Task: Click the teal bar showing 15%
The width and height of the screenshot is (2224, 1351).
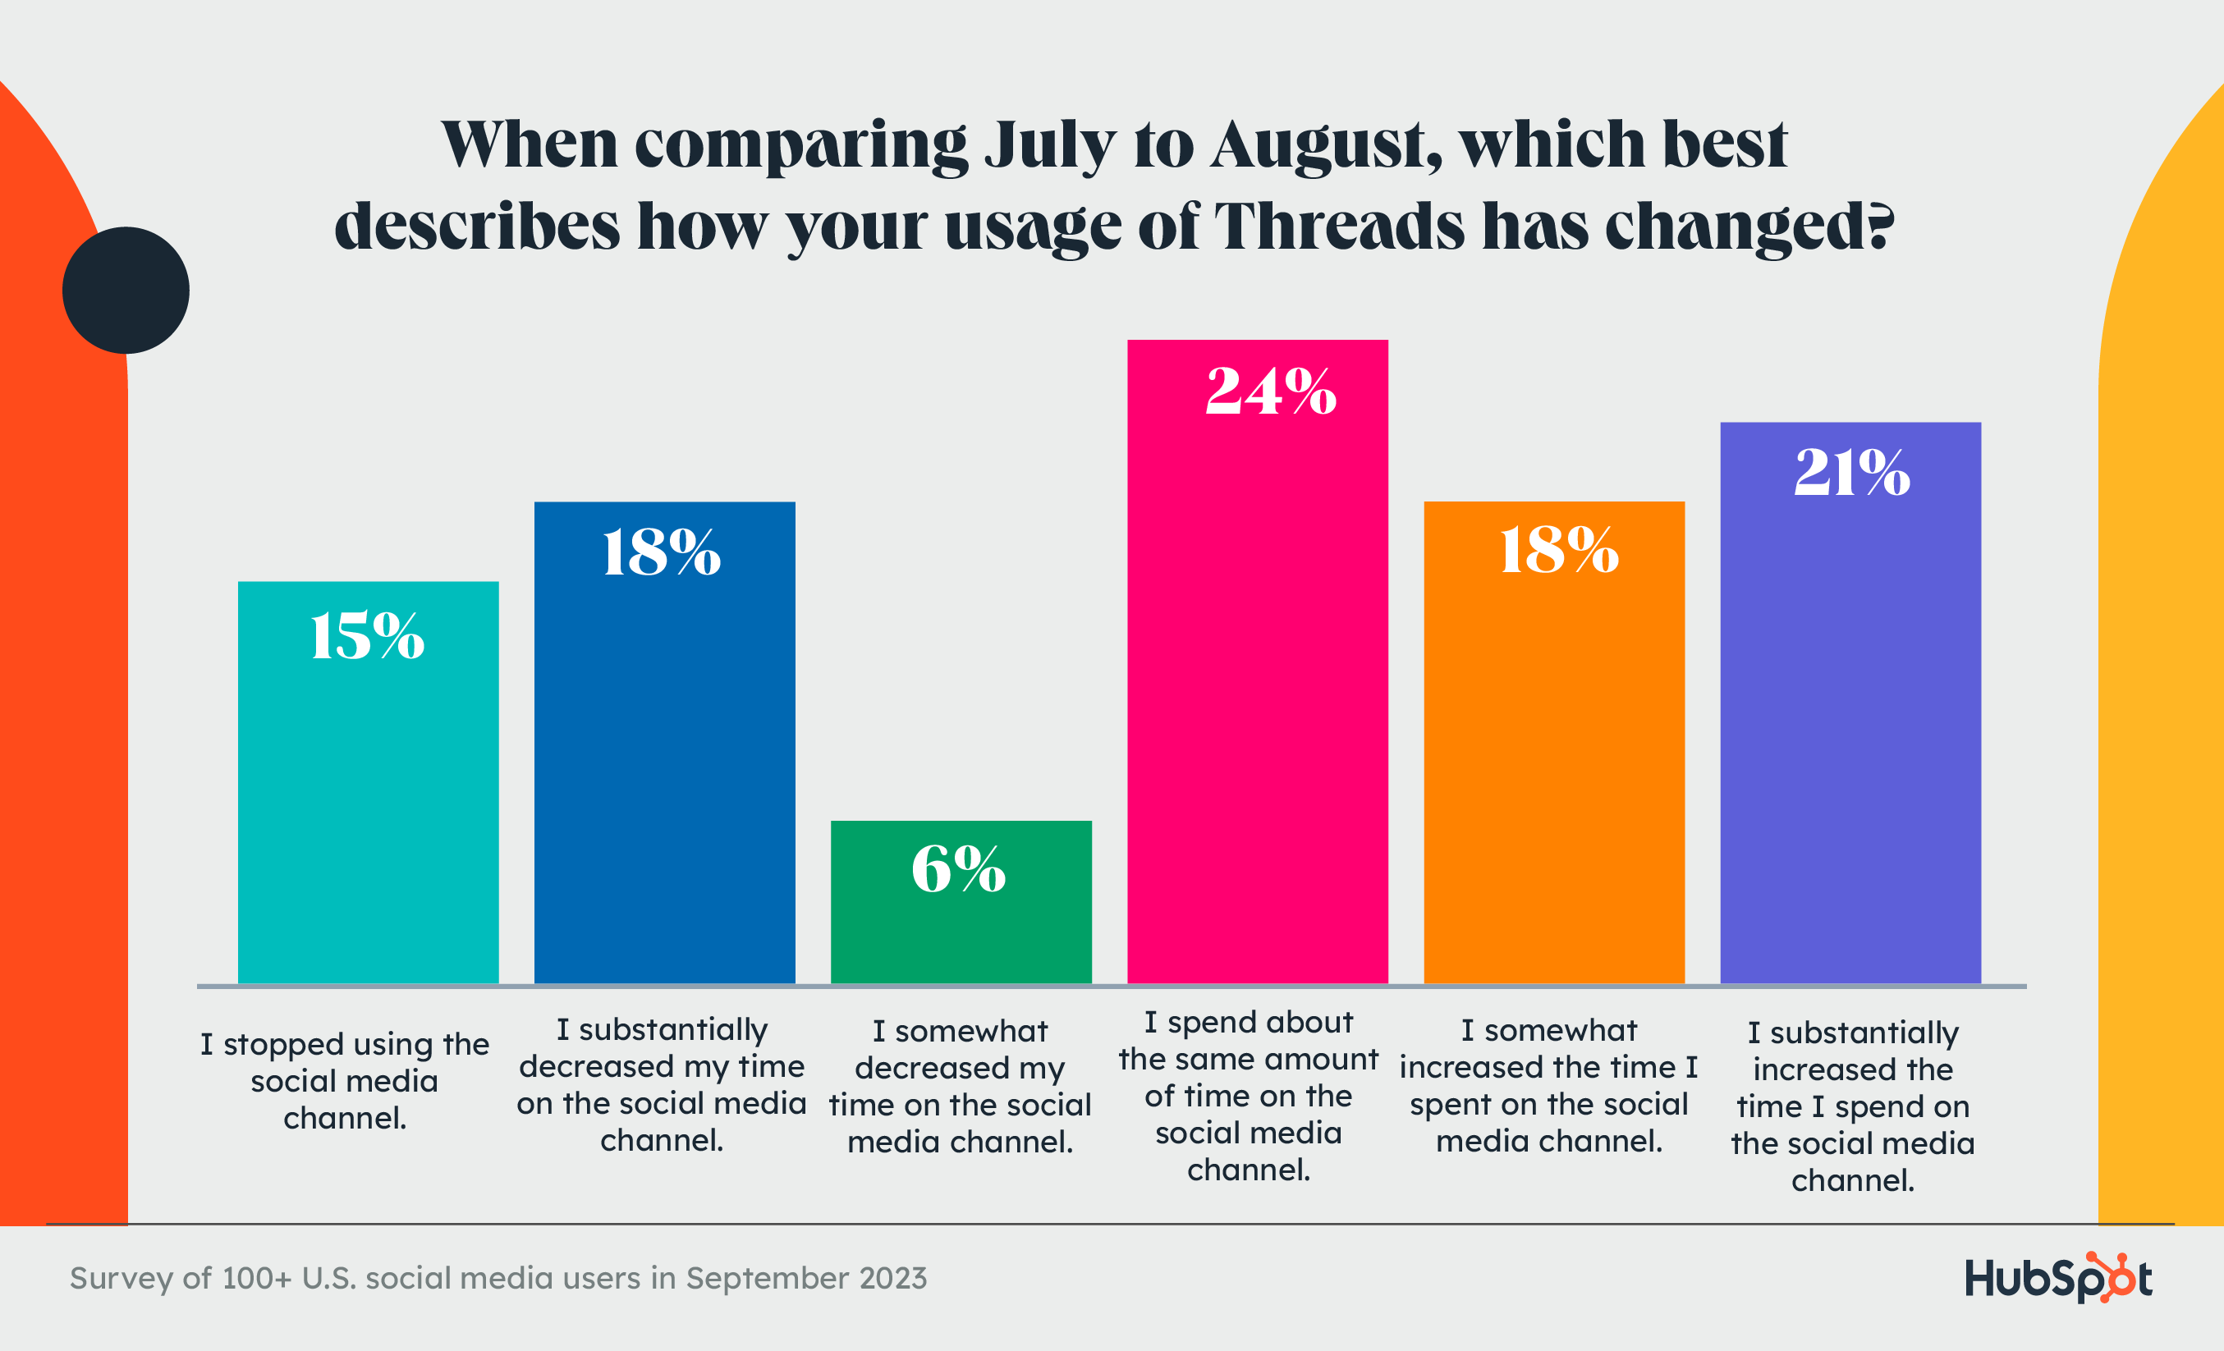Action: pos(369,813)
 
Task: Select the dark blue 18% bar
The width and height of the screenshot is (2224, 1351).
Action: pos(664,767)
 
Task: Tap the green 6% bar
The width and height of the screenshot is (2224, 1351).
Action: pos(961,930)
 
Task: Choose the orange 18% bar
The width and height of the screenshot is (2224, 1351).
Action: pos(1553,767)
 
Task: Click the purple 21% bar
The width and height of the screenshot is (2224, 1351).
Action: pos(1850,722)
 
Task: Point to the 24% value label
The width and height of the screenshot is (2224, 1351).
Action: pos(1271,392)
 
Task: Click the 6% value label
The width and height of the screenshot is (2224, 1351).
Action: pos(959,869)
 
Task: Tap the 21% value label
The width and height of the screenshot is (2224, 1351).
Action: pos(1852,472)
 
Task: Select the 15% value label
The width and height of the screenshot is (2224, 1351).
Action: pos(367,636)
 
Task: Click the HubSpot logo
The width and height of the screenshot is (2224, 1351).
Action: pos(2058,1278)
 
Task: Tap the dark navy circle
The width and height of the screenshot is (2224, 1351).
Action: pos(126,290)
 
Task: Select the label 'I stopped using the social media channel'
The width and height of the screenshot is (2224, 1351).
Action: pos(345,1080)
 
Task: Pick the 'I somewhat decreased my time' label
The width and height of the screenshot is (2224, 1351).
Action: pos(961,1086)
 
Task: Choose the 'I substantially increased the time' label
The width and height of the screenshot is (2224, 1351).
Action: pos(1852,1106)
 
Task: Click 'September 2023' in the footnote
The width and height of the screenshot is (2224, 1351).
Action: pos(806,1278)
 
